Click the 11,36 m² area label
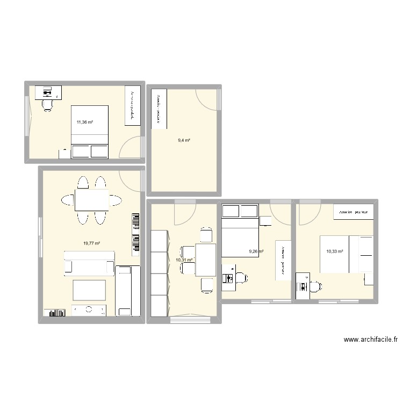[x=84, y=122]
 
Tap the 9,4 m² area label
[x=184, y=140]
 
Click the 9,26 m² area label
[x=256, y=250]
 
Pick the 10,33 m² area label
[x=334, y=250]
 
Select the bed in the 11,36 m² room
[x=90, y=132]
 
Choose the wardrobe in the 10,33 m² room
[x=353, y=212]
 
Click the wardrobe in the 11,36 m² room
[x=132, y=106]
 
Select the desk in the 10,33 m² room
[x=303, y=285]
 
